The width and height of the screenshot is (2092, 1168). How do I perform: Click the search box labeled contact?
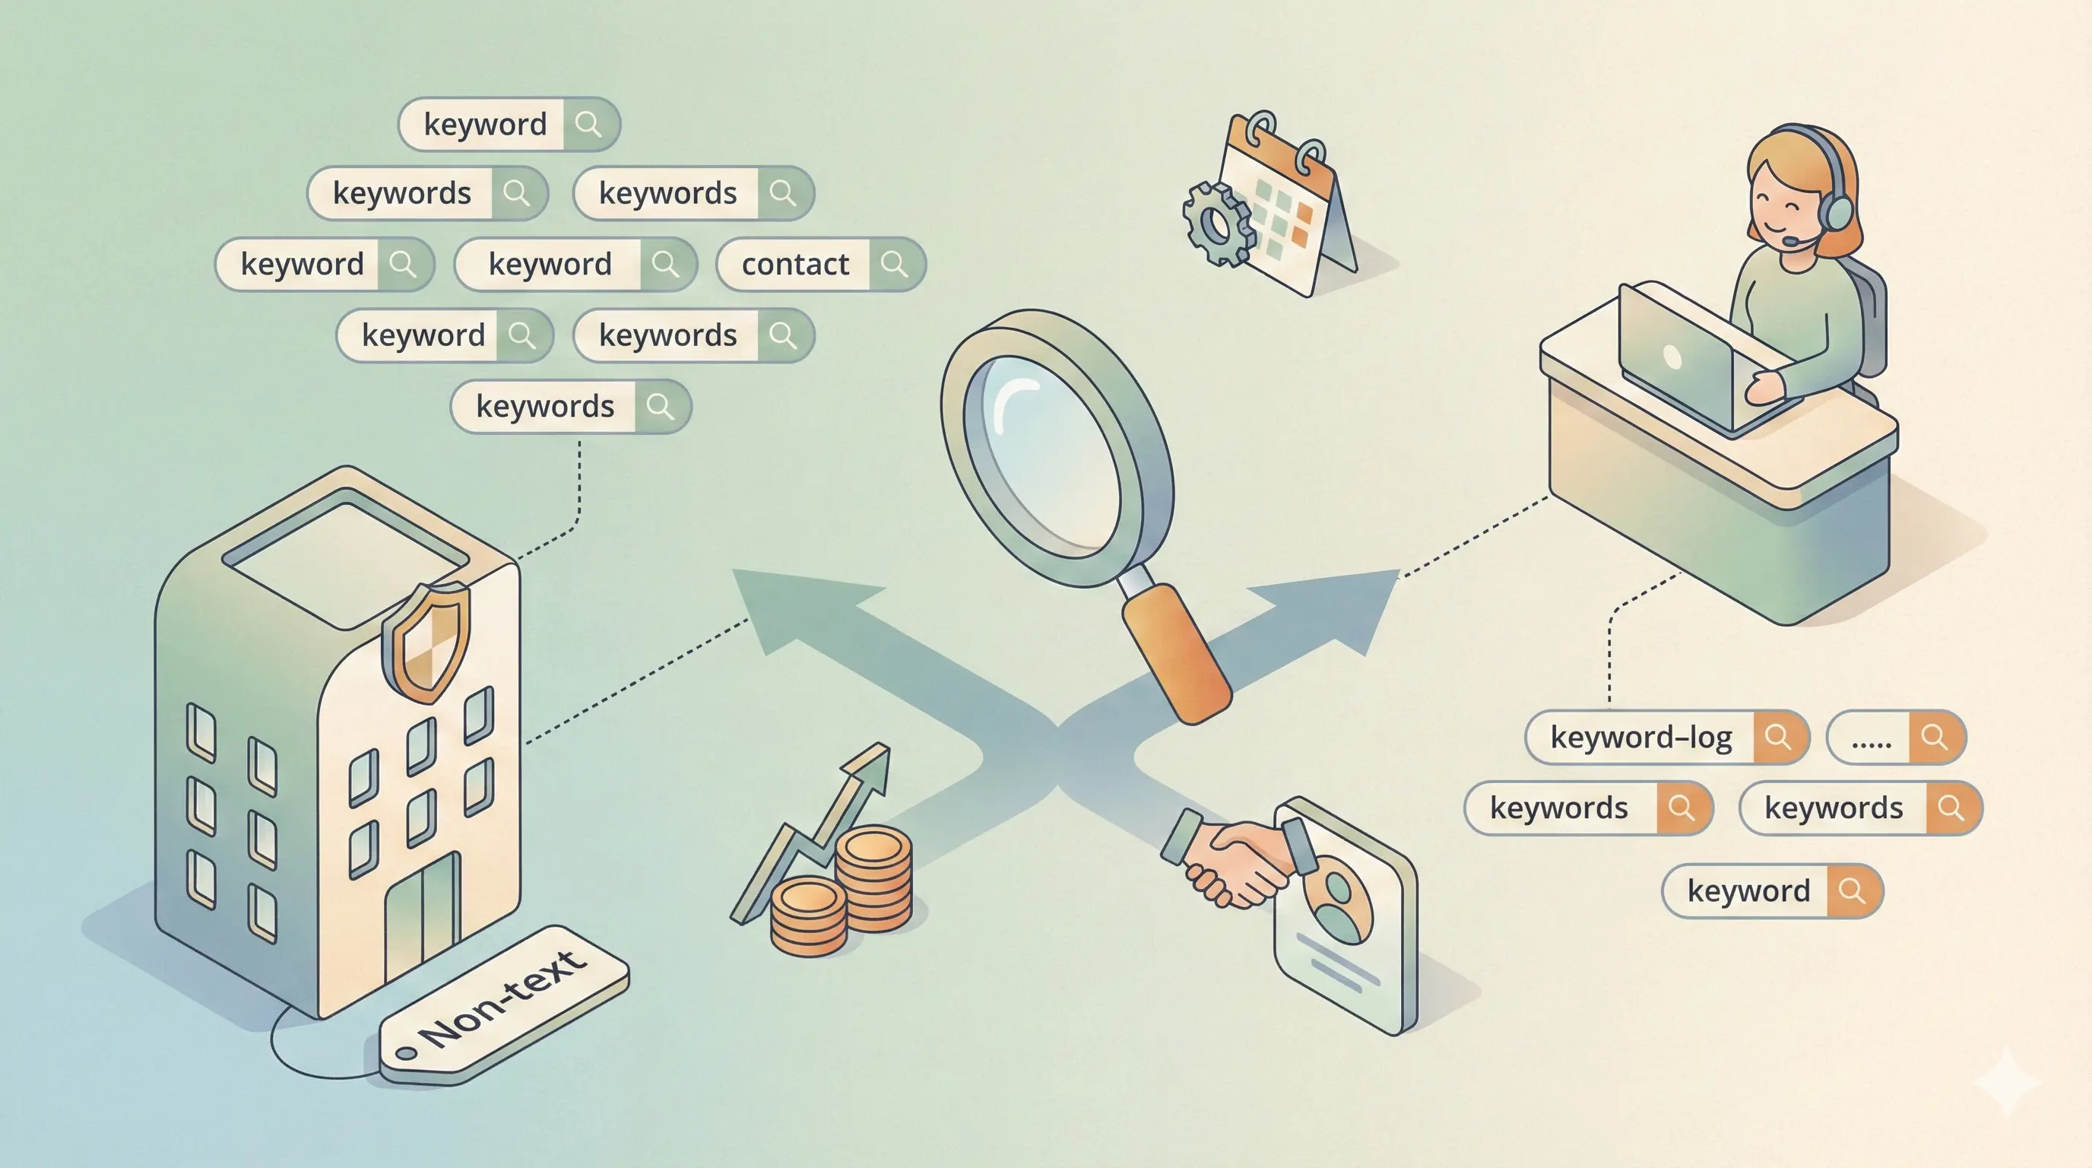pyautogui.click(x=820, y=264)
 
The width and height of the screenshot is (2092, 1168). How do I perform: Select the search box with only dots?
pyautogui.click(x=1895, y=737)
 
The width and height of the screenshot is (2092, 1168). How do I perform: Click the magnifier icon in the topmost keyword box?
pyautogui.click(x=589, y=124)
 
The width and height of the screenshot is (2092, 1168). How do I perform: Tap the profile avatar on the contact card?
pyautogui.click(x=1336, y=902)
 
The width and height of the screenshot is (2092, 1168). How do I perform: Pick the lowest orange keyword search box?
pyautogui.click(x=1772, y=891)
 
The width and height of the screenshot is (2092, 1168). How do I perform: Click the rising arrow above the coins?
pyautogui.click(x=820, y=829)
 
